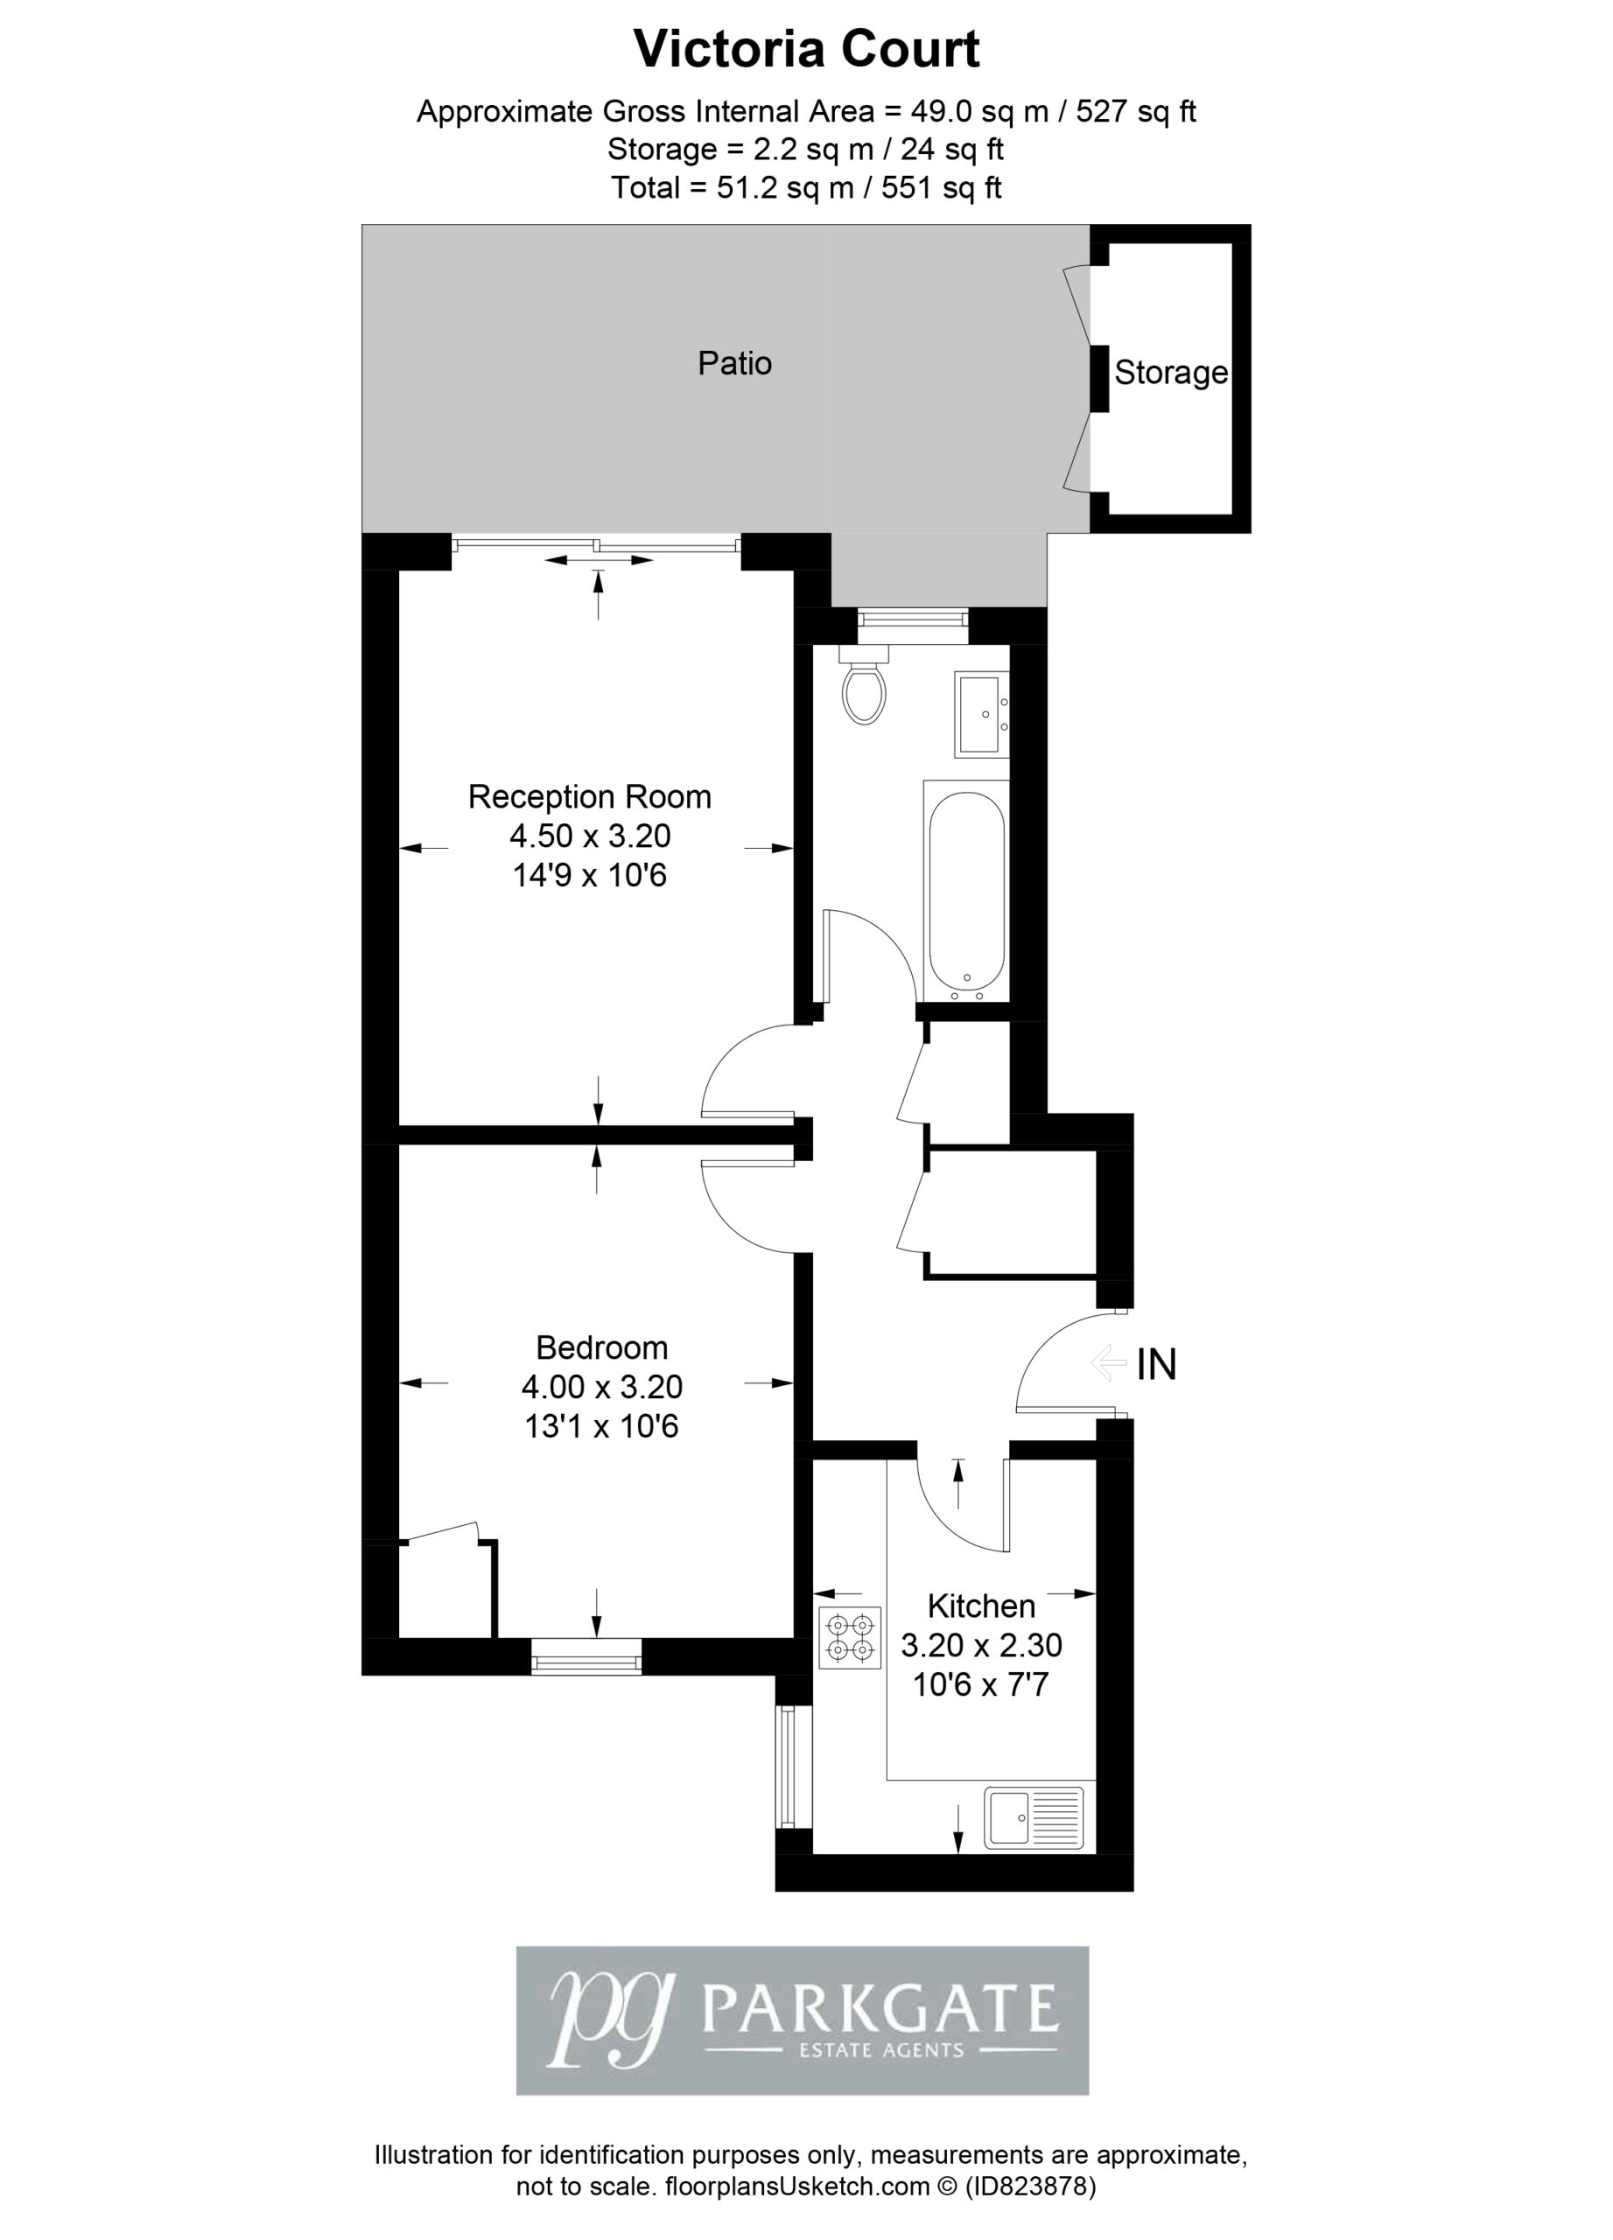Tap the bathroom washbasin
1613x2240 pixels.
[x=982, y=714]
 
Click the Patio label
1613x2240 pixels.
[x=734, y=363]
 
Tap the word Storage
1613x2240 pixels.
[x=1170, y=373]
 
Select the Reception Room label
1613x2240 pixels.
[x=590, y=796]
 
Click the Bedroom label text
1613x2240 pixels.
[x=601, y=1347]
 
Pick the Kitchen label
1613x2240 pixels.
[x=982, y=1606]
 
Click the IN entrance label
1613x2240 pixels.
[x=1157, y=1365]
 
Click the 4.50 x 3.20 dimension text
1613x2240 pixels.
[x=590, y=836]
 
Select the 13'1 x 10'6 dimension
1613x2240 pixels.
[x=601, y=1426]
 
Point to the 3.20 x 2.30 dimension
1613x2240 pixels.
[x=981, y=1644]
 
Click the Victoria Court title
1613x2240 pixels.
[x=806, y=49]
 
